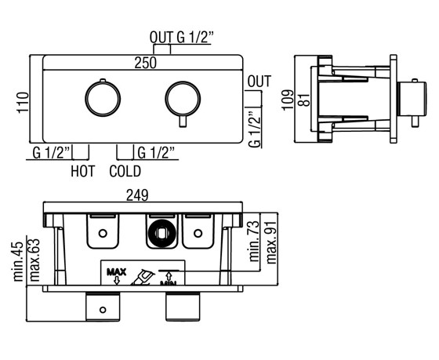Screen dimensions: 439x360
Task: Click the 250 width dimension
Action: (x=145, y=63)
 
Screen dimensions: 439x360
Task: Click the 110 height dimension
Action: (x=24, y=103)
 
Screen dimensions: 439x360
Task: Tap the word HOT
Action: (x=83, y=171)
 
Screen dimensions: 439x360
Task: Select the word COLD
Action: (x=125, y=171)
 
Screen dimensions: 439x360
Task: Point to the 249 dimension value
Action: (x=137, y=195)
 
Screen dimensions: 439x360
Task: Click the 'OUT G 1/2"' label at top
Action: (x=182, y=38)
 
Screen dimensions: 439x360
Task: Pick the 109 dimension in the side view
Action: (x=288, y=100)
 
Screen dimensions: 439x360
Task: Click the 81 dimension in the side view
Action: (x=304, y=99)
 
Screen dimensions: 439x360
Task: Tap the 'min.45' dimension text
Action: (x=19, y=261)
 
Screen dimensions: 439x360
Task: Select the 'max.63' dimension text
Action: (x=34, y=260)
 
